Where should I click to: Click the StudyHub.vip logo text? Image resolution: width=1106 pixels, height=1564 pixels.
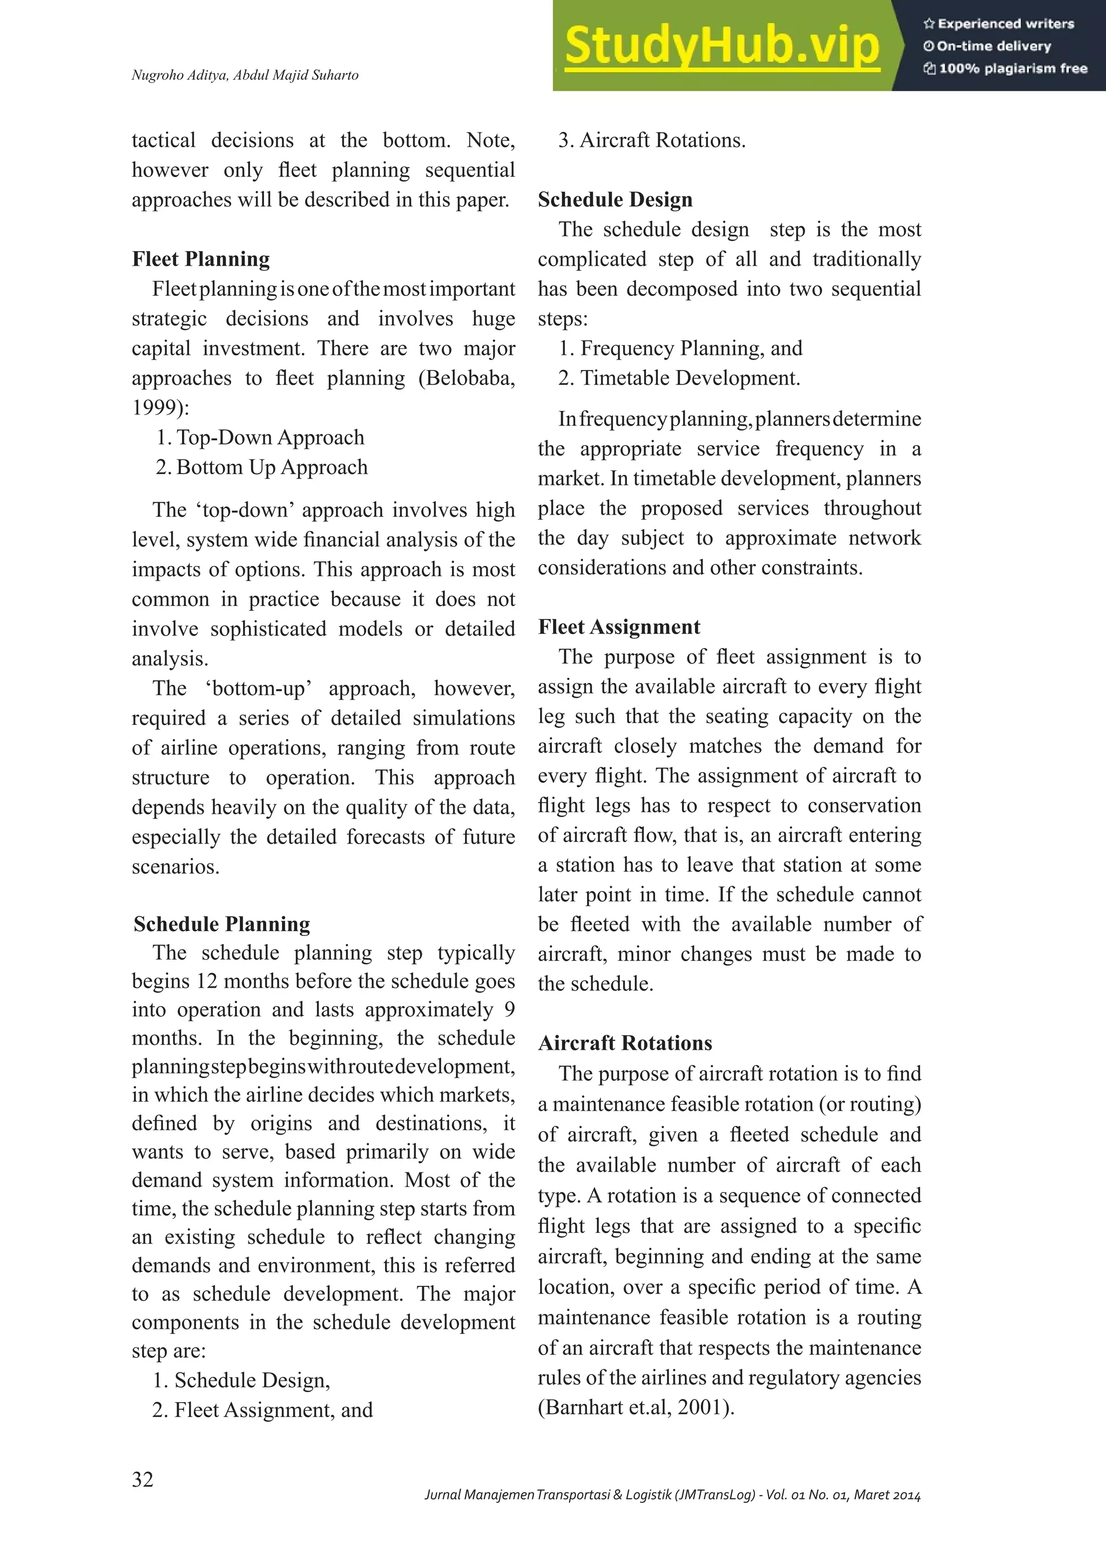click(722, 46)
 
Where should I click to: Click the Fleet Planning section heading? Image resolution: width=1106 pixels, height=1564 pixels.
click(201, 260)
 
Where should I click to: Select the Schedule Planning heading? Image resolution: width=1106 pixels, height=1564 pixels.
click(222, 925)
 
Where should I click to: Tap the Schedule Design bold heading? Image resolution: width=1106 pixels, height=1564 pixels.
click(615, 200)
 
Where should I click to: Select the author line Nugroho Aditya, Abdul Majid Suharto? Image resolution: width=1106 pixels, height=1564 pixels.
click(245, 75)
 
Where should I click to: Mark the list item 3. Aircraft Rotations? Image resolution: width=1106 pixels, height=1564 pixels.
click(652, 140)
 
